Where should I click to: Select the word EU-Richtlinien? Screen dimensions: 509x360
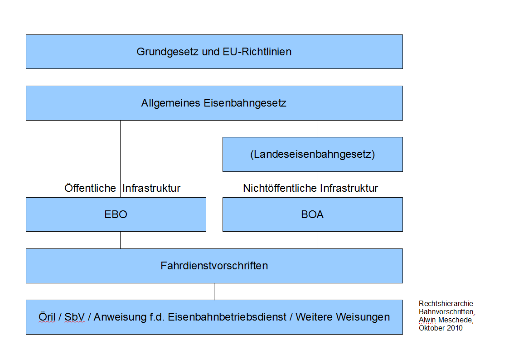(257, 52)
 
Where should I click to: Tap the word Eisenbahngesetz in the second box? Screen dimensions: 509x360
(245, 103)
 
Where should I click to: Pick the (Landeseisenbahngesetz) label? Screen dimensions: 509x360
(313, 154)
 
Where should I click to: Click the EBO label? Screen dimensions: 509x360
(116, 214)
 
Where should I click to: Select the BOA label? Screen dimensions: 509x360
(312, 214)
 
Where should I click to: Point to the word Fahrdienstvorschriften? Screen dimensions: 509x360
(214, 266)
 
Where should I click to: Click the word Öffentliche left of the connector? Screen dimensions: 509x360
(90, 188)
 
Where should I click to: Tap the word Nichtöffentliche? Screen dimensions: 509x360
(280, 188)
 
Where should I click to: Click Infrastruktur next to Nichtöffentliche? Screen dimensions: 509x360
(349, 188)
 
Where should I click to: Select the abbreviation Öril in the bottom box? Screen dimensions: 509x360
(47, 317)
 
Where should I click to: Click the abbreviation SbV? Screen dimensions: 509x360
(75, 317)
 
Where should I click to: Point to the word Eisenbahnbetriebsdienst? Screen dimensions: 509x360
(227, 317)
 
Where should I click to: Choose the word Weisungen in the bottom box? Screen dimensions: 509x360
(363, 317)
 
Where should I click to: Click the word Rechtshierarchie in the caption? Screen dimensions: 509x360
(446, 303)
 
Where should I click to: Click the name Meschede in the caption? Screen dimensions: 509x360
(456, 320)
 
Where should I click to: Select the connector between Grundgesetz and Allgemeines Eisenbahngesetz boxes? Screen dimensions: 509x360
(206, 77)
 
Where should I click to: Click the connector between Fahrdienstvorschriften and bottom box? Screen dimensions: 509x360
(214, 292)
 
